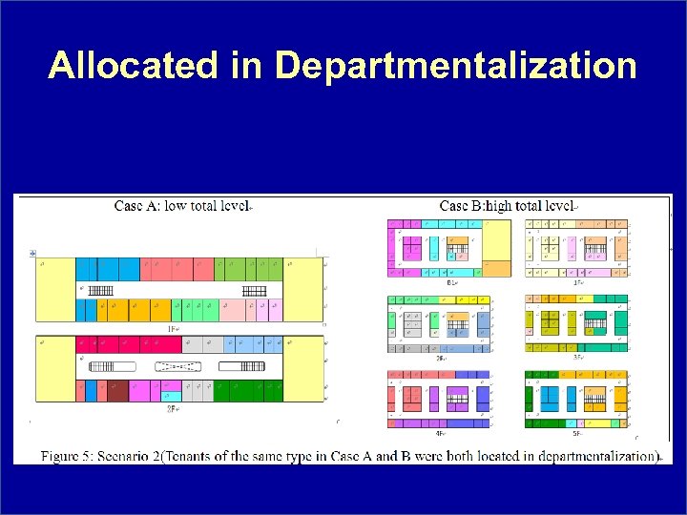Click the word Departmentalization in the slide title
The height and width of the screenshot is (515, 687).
455,66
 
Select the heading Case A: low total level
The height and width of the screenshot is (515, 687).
181,206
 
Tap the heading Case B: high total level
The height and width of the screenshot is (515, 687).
506,206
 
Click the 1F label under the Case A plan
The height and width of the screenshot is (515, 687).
175,328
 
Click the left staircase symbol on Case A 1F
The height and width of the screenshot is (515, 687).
102,290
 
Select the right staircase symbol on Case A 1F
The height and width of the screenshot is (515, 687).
255,290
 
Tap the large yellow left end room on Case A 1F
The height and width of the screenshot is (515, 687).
54,289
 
